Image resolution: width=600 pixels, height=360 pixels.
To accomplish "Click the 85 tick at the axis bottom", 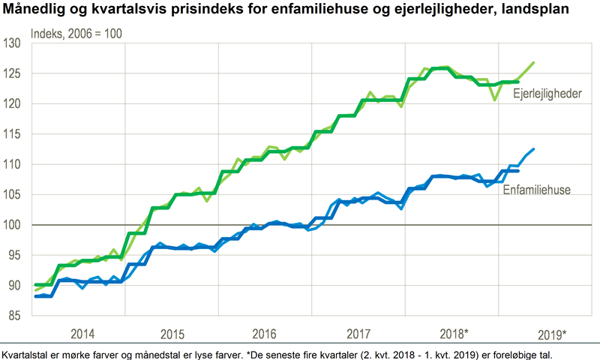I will click(14, 316).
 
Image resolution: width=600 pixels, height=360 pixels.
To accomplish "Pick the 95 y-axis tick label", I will click(14, 255).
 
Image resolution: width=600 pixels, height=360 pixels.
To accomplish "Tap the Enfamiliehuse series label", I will click(537, 190).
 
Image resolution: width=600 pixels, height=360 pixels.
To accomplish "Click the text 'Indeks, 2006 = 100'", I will click(76, 33).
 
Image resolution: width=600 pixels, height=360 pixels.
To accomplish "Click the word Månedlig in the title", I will click(34, 10).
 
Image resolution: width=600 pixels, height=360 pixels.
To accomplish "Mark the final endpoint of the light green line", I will click(534, 62).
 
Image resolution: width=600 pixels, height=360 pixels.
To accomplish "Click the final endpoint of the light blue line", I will click(534, 148).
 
